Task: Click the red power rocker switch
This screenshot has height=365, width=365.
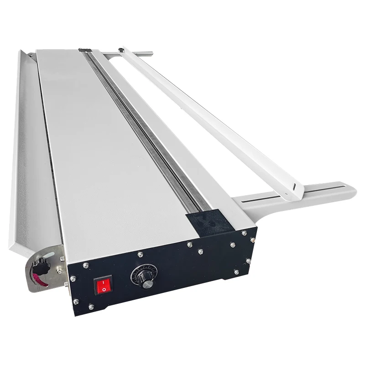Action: (x=103, y=287)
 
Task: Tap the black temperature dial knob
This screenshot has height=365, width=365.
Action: (x=146, y=282)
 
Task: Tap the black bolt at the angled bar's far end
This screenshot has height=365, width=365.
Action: (x=120, y=49)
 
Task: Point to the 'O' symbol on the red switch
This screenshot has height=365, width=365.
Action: (x=104, y=289)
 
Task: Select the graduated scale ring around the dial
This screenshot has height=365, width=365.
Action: (x=139, y=274)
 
